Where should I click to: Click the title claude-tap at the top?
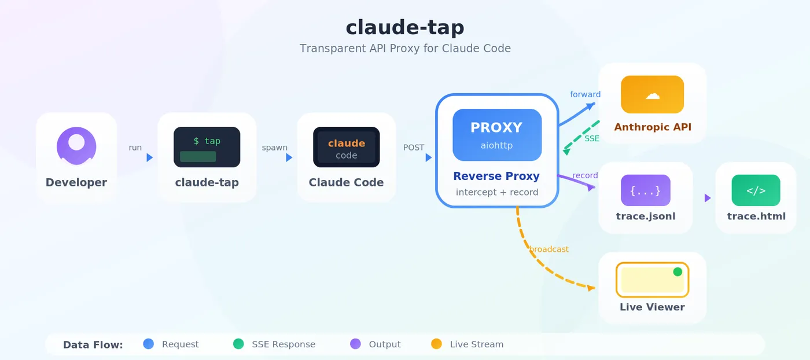tap(405, 28)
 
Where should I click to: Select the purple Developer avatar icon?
tap(76, 146)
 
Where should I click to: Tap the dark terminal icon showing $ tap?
tap(207, 147)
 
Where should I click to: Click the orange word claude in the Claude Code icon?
tap(347, 144)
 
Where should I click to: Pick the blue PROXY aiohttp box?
tap(497, 135)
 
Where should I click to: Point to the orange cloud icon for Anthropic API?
tap(653, 94)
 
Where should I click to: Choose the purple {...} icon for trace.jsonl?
tap(646, 190)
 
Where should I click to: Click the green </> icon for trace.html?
tap(756, 190)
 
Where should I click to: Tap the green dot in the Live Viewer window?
tap(678, 271)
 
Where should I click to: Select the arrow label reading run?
tap(135, 148)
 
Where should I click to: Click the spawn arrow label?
tap(274, 148)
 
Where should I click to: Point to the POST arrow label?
tap(414, 148)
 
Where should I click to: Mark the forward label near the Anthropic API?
tap(585, 94)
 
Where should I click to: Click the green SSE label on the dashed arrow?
tap(592, 138)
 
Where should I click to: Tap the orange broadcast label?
tap(549, 249)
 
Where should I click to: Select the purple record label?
tap(585, 175)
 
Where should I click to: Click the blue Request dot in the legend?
tap(148, 344)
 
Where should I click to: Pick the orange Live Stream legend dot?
tap(436, 344)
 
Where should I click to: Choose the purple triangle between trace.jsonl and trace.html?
tap(708, 198)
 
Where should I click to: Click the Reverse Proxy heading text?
tap(496, 176)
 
